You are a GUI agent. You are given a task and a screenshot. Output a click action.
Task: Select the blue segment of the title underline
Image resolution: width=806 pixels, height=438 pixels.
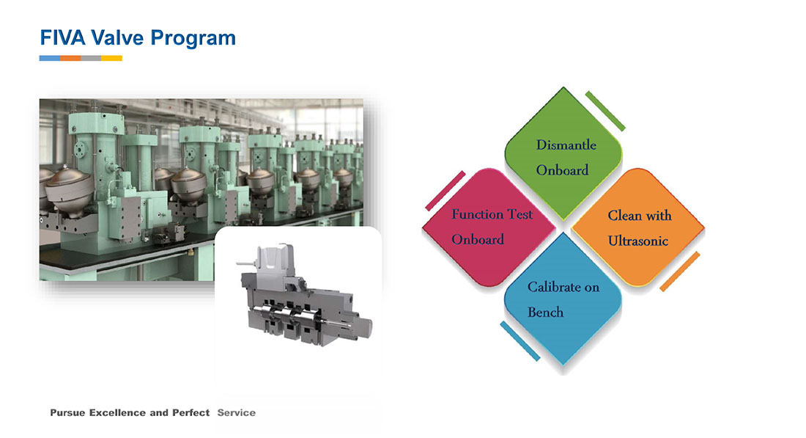tap(50, 58)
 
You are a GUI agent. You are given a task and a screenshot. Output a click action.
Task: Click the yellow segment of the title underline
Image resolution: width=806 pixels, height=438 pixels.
tap(111, 58)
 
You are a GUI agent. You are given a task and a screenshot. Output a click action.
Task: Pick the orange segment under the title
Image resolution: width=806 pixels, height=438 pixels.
tap(70, 58)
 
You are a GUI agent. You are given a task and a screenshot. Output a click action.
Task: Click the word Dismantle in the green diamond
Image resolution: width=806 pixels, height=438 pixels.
tap(566, 145)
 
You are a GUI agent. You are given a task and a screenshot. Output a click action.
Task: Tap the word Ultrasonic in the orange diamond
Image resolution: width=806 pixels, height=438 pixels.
tap(638, 241)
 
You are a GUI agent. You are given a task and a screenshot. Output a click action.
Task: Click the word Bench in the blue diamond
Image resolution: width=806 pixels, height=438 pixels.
tap(545, 313)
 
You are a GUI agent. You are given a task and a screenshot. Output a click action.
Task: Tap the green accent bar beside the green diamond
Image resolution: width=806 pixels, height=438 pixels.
tap(605, 111)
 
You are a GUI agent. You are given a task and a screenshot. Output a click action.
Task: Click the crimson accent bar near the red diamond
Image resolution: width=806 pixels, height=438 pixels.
tap(445, 191)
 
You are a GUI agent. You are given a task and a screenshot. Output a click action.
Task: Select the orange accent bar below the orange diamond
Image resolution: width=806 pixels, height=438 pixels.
tap(679, 271)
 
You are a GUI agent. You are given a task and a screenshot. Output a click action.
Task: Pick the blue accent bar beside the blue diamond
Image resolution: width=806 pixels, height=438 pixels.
tap(520, 340)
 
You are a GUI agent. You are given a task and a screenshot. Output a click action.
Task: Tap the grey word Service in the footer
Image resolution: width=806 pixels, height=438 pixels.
tap(237, 413)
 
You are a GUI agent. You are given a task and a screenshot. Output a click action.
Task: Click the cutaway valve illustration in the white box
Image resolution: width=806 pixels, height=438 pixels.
tap(304, 296)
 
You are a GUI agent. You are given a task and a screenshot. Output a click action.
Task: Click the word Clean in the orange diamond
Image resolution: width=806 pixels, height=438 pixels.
tap(624, 215)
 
